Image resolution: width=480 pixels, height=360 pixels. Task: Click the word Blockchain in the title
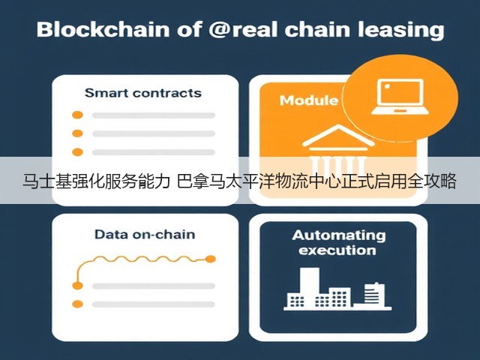[x=103, y=29]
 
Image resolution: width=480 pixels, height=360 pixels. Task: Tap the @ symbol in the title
[x=220, y=30]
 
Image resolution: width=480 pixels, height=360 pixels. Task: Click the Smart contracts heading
[x=143, y=93]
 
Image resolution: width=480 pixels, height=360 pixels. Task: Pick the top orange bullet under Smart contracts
[x=77, y=115]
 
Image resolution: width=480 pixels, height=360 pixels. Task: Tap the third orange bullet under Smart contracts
[x=77, y=151]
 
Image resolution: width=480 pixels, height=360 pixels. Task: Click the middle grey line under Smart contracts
[x=154, y=133]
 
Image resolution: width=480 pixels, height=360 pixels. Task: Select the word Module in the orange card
[x=309, y=100]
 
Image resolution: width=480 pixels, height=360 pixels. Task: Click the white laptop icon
[x=400, y=97]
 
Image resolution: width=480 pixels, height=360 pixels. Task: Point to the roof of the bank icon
[x=338, y=136]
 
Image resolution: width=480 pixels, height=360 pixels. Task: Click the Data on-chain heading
[x=145, y=235]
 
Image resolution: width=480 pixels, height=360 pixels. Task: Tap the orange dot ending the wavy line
[x=210, y=259]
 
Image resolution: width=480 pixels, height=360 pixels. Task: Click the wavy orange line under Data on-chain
[x=144, y=259]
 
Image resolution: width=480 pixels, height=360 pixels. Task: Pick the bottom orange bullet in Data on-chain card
[x=77, y=304]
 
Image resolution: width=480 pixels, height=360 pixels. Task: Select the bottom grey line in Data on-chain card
[x=154, y=304]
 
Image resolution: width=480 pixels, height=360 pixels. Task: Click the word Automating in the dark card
[x=338, y=235]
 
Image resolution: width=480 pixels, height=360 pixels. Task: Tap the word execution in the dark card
[x=337, y=250]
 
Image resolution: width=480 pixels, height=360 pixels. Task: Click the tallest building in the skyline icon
[x=309, y=287]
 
